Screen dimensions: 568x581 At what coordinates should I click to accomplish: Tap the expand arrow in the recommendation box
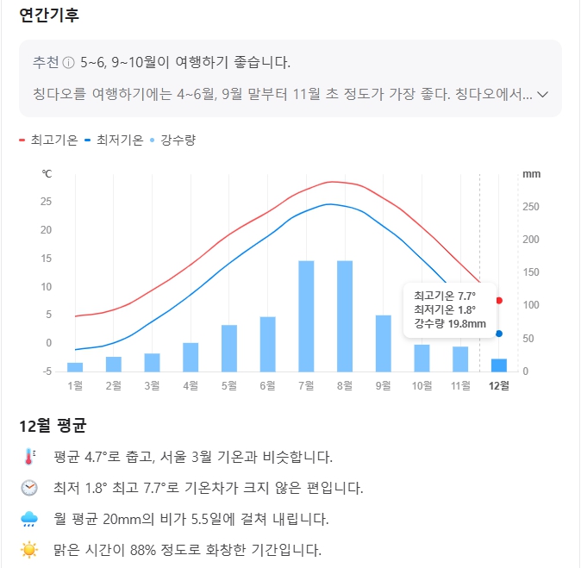[543, 94]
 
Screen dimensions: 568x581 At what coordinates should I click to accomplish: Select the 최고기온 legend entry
[48, 140]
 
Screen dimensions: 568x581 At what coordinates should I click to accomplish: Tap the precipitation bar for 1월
[75, 367]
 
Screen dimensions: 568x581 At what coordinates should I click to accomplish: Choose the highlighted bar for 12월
[499, 365]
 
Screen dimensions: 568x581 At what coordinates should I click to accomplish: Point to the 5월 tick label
[228, 385]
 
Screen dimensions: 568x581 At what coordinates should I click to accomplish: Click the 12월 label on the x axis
[499, 385]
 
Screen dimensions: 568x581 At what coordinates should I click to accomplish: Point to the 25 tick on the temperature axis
[47, 202]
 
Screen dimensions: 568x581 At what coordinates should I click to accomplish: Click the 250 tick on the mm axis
[531, 207]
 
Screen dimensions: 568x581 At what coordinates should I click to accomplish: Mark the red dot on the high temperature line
[499, 301]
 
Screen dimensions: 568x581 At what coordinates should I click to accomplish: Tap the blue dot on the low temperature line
[499, 334]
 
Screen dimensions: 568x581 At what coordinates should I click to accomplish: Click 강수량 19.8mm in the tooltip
[450, 324]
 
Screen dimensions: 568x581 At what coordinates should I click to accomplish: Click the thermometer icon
[30, 457]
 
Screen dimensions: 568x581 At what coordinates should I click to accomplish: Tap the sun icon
[30, 549]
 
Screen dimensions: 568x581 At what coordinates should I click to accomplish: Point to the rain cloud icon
[30, 519]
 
